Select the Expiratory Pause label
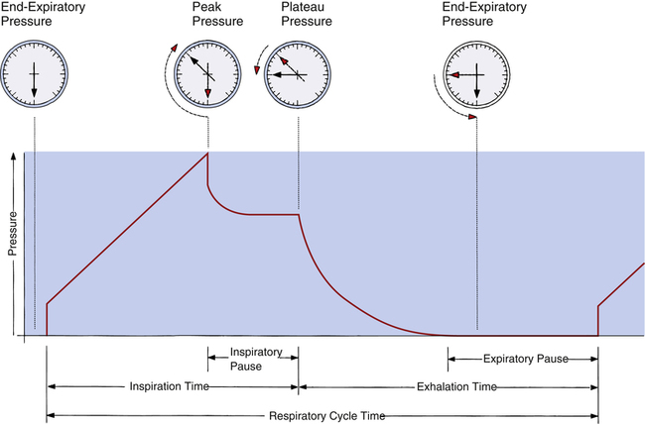tap(523, 359)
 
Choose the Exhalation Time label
tap(449, 385)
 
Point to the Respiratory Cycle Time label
tap(322, 415)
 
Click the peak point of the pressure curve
tap(207, 154)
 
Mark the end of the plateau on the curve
tap(299, 214)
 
